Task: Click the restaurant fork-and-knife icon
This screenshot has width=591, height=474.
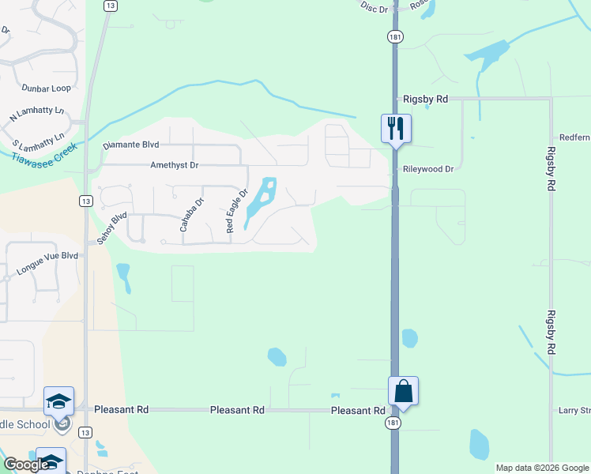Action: pyautogui.click(x=396, y=127)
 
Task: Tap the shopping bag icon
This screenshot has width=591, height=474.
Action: pyautogui.click(x=403, y=390)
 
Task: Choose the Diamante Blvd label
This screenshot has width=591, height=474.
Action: pyautogui.click(x=131, y=145)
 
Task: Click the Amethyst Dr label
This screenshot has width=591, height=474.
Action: pyautogui.click(x=175, y=166)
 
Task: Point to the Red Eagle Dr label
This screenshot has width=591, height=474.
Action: pyautogui.click(x=237, y=210)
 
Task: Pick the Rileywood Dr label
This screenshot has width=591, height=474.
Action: pyautogui.click(x=428, y=169)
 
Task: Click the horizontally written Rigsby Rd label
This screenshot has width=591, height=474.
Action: pyautogui.click(x=425, y=100)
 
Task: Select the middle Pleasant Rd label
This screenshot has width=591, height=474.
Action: pyautogui.click(x=237, y=410)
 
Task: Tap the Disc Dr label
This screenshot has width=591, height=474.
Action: pyautogui.click(x=375, y=7)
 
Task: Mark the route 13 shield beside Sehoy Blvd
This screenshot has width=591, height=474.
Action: pyautogui.click(x=85, y=201)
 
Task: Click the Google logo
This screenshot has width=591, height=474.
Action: pyautogui.click(x=25, y=465)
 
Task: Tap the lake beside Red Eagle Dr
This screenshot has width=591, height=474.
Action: pyautogui.click(x=262, y=201)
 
